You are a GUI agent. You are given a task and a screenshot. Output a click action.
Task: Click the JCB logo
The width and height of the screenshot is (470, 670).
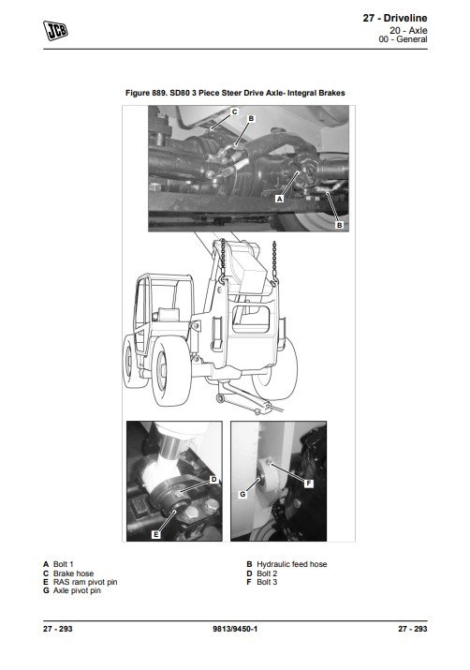click(x=55, y=30)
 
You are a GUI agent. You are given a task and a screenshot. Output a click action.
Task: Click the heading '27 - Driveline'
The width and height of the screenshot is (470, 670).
click(x=395, y=18)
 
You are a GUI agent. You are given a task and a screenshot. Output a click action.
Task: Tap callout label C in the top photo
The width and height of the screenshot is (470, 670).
click(x=234, y=112)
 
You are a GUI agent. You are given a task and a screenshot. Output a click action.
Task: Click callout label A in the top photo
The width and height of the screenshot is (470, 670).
click(x=280, y=199)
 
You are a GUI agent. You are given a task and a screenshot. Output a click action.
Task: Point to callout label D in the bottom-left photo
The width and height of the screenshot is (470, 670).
click(x=213, y=480)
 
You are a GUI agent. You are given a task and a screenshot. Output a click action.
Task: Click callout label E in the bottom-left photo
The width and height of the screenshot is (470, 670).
click(x=156, y=534)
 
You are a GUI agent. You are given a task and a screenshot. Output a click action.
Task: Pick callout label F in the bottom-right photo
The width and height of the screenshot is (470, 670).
click(x=309, y=484)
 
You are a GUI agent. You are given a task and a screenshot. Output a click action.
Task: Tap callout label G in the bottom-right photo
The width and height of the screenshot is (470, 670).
click(x=242, y=495)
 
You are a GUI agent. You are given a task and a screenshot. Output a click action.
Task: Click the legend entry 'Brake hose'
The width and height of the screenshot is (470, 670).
click(x=73, y=573)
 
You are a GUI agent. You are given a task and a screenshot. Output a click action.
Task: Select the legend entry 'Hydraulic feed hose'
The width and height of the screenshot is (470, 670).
click(x=292, y=564)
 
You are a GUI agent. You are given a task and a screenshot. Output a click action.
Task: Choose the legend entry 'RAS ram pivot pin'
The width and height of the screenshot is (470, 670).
click(x=85, y=582)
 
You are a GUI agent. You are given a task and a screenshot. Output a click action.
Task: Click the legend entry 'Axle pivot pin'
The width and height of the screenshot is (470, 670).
click(x=77, y=590)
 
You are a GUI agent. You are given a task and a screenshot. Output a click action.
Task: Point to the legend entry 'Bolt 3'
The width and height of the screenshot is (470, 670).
click(x=267, y=582)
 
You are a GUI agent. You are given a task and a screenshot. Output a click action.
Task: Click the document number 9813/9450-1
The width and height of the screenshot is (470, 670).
click(x=235, y=629)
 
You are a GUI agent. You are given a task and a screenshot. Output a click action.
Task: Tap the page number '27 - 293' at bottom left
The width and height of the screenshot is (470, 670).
click(x=58, y=629)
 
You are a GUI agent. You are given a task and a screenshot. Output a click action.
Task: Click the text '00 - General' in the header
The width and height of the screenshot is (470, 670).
click(x=403, y=39)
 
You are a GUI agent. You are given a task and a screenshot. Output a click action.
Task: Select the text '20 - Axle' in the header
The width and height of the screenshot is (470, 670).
click(x=408, y=30)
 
